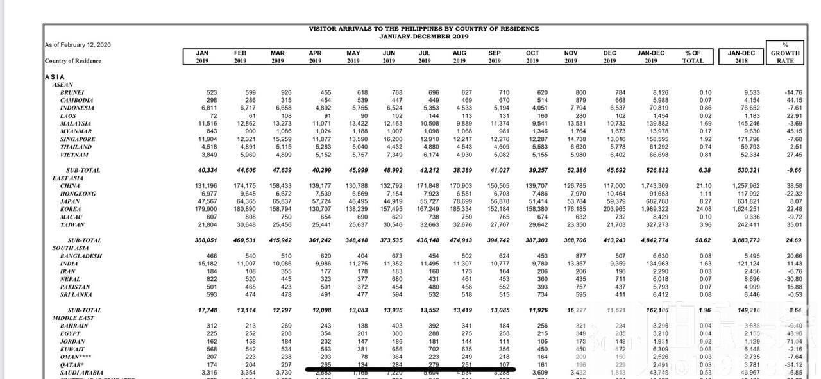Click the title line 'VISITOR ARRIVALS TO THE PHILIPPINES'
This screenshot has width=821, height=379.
(423, 29)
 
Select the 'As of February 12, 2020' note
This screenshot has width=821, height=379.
(78, 45)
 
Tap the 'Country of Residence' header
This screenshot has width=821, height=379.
(73, 61)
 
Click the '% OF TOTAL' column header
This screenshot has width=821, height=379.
(693, 57)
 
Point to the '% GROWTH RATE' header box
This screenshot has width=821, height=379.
(785, 53)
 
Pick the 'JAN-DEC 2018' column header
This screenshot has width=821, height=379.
(741, 57)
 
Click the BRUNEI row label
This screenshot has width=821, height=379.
(72, 92)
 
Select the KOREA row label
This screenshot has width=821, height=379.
(71, 209)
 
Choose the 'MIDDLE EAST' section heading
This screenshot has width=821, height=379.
(73, 318)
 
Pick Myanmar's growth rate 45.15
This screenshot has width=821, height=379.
(793, 131)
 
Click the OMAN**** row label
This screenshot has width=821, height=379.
(78, 357)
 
